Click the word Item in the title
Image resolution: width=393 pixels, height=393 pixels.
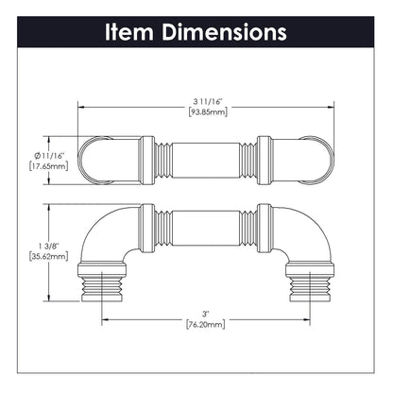[129, 32]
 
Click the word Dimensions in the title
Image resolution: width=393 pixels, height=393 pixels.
[224, 32]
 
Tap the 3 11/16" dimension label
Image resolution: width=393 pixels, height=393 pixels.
[208, 101]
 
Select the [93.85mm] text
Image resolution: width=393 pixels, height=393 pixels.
[208, 112]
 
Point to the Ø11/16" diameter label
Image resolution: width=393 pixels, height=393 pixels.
[49, 156]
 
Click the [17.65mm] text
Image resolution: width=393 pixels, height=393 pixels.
[48, 166]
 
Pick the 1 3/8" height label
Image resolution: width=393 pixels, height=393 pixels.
[48, 246]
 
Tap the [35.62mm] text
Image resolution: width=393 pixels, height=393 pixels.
[48, 256]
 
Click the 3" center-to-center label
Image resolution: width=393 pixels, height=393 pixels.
[206, 314]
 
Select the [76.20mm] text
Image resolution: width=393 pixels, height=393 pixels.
[206, 324]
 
